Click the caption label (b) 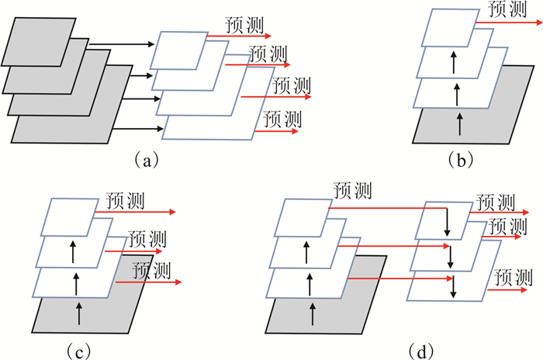459,161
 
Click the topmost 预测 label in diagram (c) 124,199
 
